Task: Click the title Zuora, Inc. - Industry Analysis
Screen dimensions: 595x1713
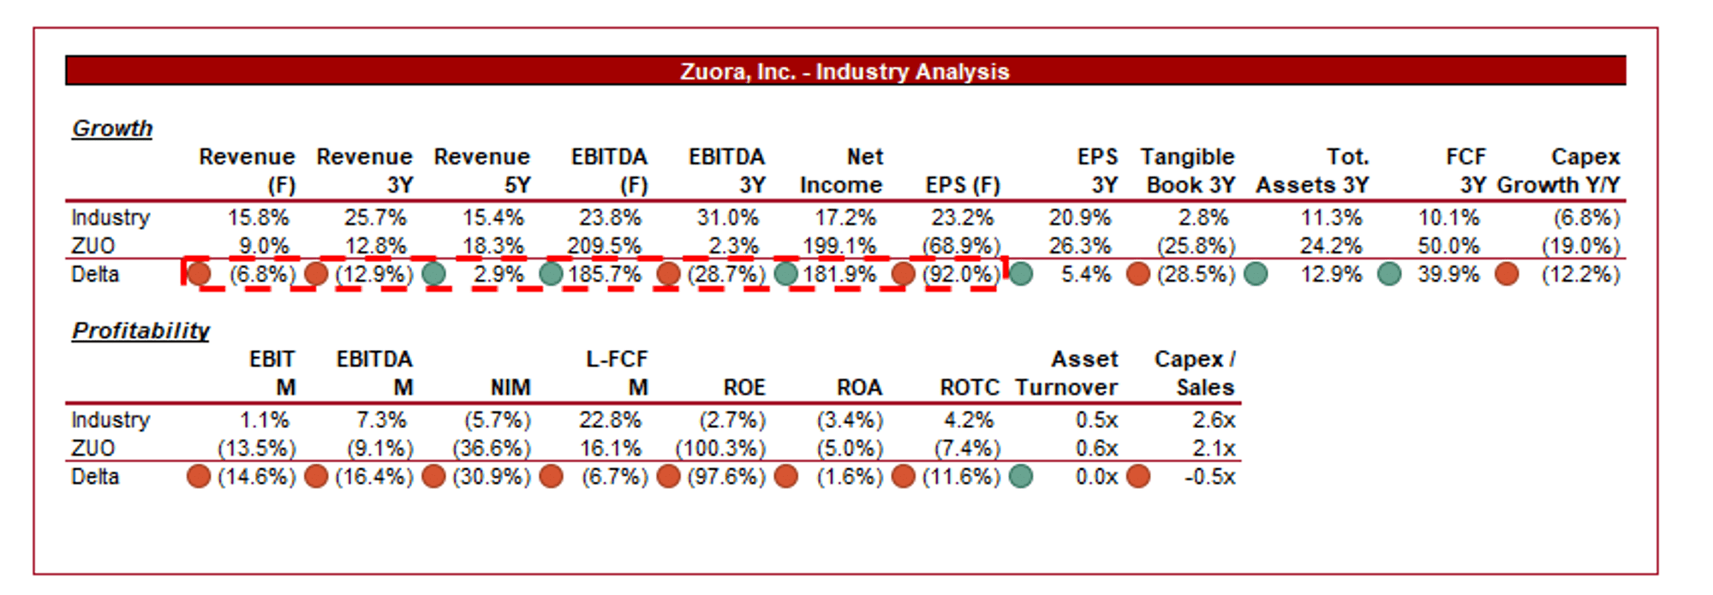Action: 845,71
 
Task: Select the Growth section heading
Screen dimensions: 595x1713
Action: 112,128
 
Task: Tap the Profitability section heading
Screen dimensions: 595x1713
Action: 140,330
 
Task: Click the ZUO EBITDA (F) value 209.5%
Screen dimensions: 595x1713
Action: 604,246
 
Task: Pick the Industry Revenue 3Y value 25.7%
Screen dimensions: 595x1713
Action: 375,217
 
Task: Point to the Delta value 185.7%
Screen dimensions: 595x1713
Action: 605,274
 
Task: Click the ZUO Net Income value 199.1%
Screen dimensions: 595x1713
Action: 839,246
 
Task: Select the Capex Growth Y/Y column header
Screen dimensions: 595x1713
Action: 1559,170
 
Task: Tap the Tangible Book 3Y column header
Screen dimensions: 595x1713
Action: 1188,170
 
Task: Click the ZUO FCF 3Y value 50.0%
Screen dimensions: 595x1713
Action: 1448,246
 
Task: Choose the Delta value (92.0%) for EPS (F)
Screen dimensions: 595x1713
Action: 961,274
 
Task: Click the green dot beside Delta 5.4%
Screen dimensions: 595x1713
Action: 1021,274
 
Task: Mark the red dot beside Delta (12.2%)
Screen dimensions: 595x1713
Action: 1507,274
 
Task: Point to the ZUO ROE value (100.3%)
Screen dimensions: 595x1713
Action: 720,448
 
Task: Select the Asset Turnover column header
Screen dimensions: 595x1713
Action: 1067,372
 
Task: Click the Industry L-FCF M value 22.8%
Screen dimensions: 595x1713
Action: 610,419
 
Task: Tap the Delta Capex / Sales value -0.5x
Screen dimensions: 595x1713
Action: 1209,476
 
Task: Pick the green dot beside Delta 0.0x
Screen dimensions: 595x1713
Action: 1021,476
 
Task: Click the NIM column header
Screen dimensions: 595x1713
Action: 510,387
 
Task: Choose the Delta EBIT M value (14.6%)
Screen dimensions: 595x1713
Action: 257,476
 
